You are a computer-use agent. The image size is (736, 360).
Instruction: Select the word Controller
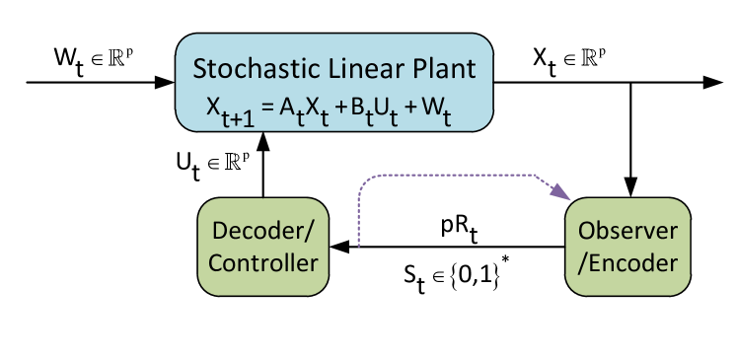[x=263, y=262]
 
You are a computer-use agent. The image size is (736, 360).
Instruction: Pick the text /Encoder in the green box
[x=628, y=262]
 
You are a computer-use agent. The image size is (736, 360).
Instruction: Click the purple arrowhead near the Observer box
[x=565, y=192]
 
